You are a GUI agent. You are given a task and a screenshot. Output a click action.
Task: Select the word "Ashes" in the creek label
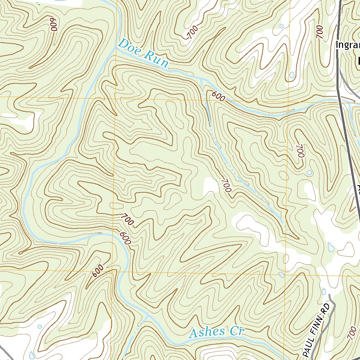(x=207, y=332)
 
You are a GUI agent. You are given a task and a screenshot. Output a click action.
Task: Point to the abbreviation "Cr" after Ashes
(x=238, y=331)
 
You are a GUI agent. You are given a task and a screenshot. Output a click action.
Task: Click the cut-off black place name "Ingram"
(x=348, y=45)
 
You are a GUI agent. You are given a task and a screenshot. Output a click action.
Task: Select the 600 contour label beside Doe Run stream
(x=218, y=96)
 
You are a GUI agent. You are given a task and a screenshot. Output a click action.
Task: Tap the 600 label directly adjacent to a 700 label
(x=125, y=238)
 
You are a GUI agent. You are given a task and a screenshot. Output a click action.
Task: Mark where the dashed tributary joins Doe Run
(x=201, y=79)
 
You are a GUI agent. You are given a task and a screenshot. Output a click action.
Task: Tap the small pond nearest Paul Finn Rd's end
(x=324, y=291)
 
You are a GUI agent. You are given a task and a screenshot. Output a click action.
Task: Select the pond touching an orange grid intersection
(x=282, y=274)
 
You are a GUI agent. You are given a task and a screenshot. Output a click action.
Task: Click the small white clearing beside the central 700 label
(x=211, y=185)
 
